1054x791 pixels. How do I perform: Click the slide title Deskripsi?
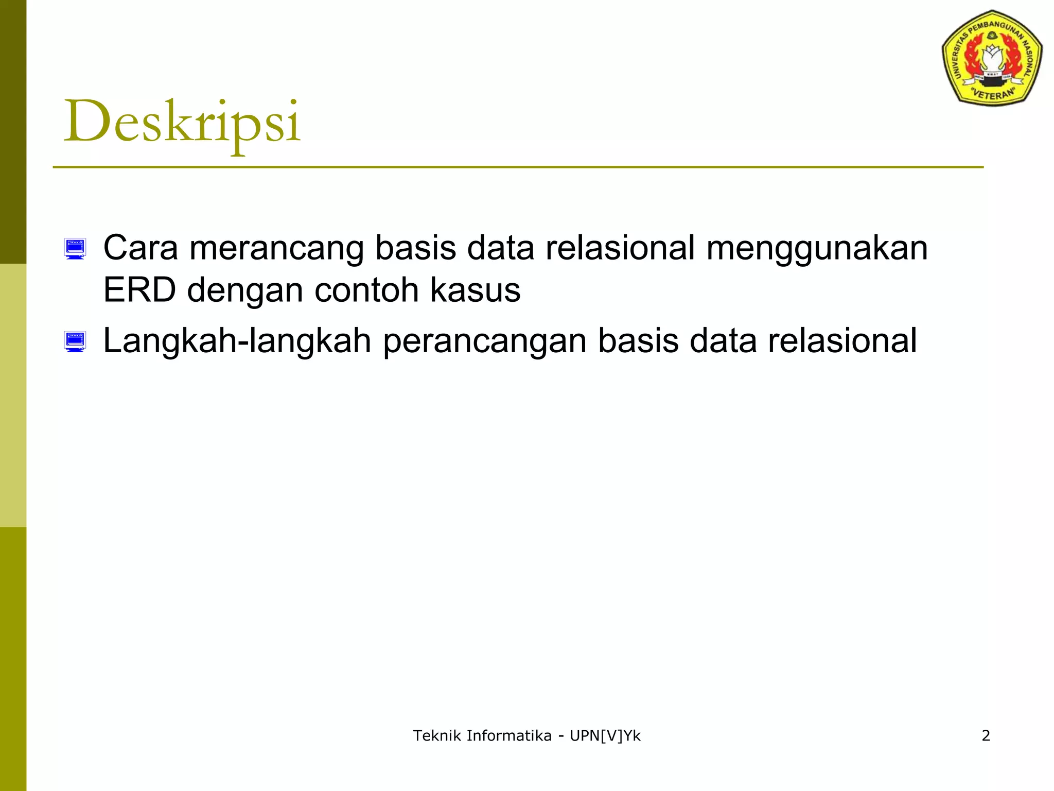coord(182,123)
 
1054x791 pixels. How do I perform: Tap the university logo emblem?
coord(992,58)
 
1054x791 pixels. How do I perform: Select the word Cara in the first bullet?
coord(140,248)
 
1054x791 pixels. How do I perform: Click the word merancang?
coord(276,249)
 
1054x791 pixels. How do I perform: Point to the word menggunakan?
coord(817,249)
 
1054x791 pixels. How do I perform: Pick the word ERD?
coord(139,290)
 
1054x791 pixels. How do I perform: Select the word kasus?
coord(475,290)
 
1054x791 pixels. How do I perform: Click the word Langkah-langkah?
coord(237,341)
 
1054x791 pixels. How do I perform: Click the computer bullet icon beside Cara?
coord(75,249)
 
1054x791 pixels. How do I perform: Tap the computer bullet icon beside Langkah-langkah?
coord(75,342)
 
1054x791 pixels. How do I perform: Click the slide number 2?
coord(986,735)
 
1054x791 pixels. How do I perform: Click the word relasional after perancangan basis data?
coord(842,341)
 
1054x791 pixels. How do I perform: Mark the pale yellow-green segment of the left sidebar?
coord(13,395)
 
